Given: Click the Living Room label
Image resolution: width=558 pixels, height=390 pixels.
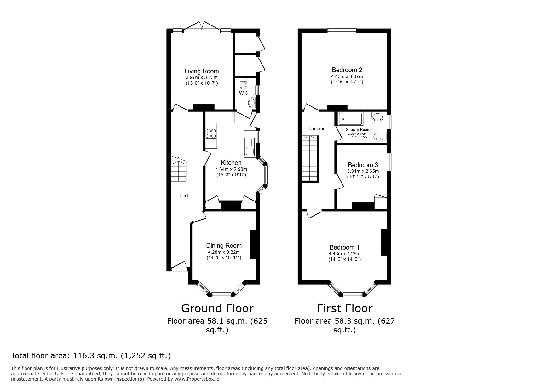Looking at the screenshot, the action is coord(202,71).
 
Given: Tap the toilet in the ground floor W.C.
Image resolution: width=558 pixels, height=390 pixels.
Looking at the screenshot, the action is coord(243,84).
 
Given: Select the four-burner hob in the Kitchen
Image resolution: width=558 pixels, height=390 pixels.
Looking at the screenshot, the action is coord(211,133).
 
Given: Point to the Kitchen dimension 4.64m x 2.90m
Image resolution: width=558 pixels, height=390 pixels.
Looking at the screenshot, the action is coord(231,169).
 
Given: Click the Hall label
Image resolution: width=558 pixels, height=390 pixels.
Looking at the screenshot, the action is coord(184,195).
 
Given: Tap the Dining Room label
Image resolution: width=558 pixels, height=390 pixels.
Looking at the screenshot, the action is coord(224,246).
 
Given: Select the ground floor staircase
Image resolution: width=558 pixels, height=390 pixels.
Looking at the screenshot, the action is coord(179,169).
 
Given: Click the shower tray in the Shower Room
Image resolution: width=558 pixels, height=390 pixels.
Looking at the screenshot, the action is coord(350,119).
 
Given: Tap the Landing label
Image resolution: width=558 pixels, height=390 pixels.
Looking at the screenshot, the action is coord(317,129).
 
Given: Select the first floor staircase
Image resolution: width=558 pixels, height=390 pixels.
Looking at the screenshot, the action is coord(311,159).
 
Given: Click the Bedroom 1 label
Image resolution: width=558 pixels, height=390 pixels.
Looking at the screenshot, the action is coord(344,247).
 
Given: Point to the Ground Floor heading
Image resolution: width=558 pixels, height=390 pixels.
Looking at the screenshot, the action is coord(217,308).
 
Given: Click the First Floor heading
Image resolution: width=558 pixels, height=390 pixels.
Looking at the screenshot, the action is coord(345,308).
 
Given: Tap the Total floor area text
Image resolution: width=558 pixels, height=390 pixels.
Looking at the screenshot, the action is coord(91,356).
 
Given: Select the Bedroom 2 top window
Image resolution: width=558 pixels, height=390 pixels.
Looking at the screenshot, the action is coord(342,31).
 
